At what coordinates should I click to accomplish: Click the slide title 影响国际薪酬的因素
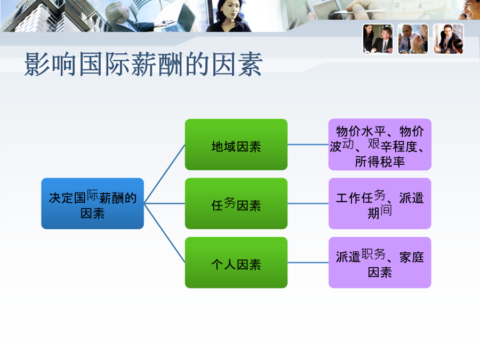pos(143,65)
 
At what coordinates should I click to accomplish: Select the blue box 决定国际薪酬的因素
pos(92,204)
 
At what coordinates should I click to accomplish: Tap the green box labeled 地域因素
pos(236,145)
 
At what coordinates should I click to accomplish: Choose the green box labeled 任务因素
pos(236,204)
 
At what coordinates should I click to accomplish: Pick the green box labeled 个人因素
pos(236,262)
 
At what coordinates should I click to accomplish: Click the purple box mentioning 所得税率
pos(380,145)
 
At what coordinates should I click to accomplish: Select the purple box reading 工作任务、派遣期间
pos(380,204)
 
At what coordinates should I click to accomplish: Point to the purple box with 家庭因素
pos(380,262)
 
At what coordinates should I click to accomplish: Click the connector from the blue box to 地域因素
pos(164,174)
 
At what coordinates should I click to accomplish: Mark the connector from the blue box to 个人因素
pos(164,233)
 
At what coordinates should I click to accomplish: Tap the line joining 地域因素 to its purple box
pos(308,145)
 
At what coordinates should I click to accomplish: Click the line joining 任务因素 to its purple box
pos(308,204)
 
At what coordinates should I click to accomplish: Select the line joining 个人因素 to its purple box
pos(308,262)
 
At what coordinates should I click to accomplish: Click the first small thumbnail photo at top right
pos(378,39)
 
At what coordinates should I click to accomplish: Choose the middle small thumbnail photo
pos(413,39)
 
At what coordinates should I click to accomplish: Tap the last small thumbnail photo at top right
pos(449,39)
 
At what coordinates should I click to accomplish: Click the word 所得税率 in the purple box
pos(380,162)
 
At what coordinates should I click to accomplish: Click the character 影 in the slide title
pos(37,65)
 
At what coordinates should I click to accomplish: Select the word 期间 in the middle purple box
pos(380,212)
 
